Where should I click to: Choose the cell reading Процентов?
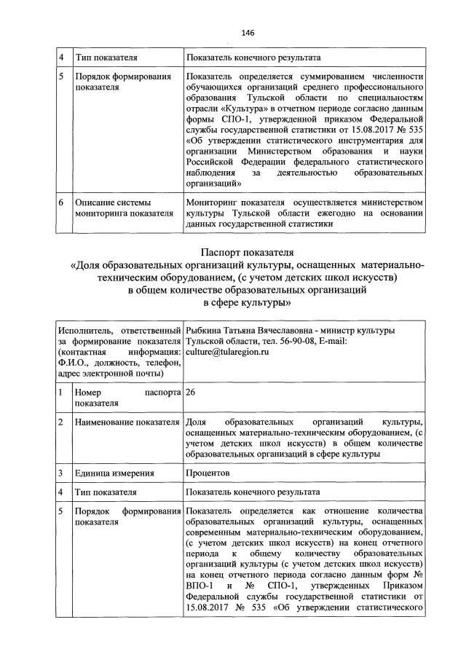pos(208,473)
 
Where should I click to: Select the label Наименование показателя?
pos(127,422)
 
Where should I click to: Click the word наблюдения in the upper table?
pos(212,173)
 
